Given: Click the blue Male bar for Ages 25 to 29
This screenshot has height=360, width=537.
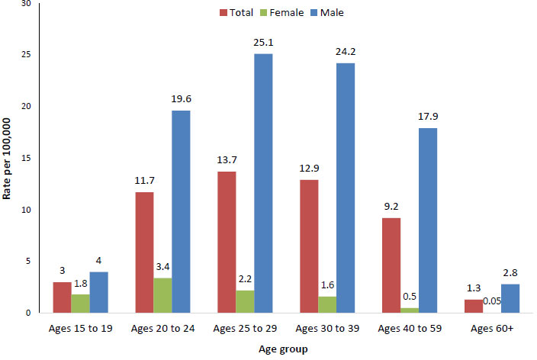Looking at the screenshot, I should [x=263, y=183].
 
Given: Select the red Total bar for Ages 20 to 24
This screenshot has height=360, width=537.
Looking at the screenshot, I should [x=144, y=252].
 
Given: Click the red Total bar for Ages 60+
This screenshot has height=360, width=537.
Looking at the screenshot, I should [x=474, y=306].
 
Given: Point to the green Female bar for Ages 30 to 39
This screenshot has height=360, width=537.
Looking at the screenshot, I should [x=327, y=304].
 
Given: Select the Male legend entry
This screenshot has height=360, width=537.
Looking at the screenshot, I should [x=332, y=12].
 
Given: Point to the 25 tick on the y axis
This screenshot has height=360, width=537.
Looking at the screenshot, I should [x=26, y=55].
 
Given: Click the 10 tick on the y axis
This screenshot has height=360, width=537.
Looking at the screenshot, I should [x=26, y=210].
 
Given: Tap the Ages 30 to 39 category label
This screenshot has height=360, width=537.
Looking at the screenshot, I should [x=327, y=328].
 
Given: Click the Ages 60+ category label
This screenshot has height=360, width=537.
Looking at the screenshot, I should [x=492, y=328].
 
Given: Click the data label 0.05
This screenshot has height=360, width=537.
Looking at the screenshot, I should [x=493, y=302].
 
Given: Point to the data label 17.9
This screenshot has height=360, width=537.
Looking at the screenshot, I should [x=428, y=116].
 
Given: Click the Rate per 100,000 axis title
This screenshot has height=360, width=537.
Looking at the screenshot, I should [x=8, y=159].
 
